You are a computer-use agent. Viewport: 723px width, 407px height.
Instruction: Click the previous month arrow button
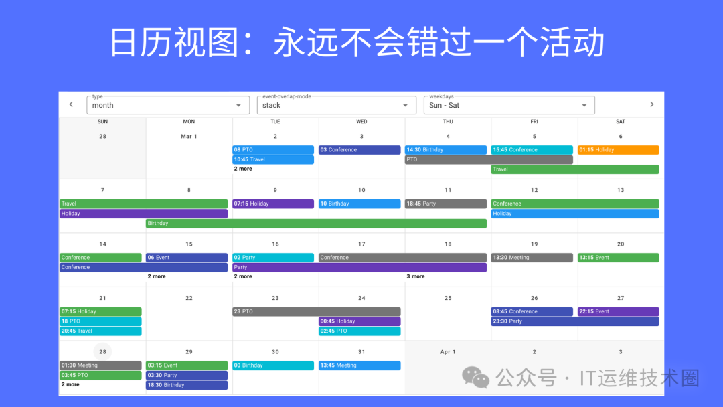point(71,104)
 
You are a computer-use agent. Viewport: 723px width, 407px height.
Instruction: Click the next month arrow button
point(651,104)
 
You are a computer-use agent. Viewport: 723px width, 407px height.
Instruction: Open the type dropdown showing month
point(168,105)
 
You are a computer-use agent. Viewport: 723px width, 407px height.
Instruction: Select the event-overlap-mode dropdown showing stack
point(337,105)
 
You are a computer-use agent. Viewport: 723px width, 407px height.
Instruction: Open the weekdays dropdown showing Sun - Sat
point(509,105)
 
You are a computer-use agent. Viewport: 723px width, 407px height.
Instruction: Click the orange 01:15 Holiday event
point(619,150)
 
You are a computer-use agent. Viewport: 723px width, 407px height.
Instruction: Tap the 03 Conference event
point(359,150)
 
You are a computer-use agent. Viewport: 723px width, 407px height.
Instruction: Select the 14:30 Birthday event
point(445,150)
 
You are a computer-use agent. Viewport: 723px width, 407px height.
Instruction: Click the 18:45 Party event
point(445,203)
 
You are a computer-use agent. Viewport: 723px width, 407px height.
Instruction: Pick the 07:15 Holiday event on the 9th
point(273,203)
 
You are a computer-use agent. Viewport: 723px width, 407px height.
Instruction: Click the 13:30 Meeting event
point(532,258)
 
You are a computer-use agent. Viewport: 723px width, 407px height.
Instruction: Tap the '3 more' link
point(416,276)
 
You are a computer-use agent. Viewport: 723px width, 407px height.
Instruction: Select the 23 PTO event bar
point(316,311)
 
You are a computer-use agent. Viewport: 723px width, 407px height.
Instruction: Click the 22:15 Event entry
point(619,311)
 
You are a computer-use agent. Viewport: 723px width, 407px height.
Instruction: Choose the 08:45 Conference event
point(532,311)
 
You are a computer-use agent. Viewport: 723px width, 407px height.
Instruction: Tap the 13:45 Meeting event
point(359,365)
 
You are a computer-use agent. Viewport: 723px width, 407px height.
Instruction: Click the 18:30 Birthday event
point(187,385)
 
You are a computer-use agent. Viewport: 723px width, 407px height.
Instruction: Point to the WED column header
point(361,122)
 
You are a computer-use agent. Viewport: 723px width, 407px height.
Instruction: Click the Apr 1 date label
point(448,352)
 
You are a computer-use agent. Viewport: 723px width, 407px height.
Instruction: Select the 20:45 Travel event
point(100,331)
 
